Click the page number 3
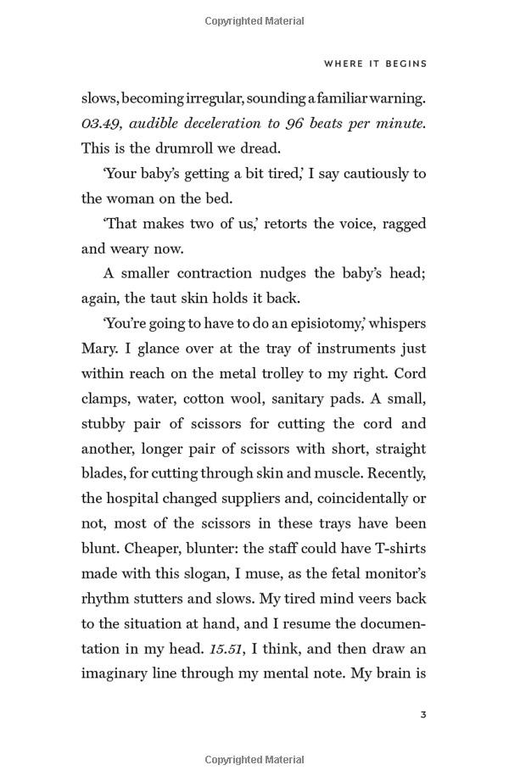pos(422,715)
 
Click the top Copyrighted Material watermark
pos(254,21)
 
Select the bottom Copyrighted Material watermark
pos(254,760)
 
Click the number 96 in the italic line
pos(294,123)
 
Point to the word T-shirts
pos(396,549)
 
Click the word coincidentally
pos(347,499)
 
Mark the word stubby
pos(105,424)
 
